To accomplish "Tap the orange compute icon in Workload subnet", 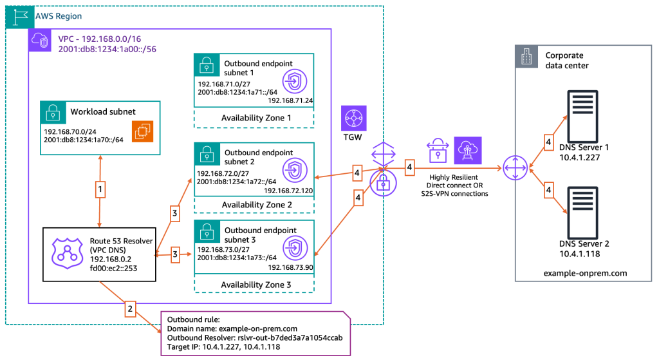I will pos(141,131).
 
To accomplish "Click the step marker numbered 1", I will pos(100,191).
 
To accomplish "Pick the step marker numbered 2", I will pos(129,308).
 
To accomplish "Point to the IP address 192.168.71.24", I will pos(290,100).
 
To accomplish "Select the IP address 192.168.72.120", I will pos(288,191).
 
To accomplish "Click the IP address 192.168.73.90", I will pos(290,267).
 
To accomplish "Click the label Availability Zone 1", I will pos(256,118).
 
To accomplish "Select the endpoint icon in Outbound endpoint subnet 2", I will pos(294,167).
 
